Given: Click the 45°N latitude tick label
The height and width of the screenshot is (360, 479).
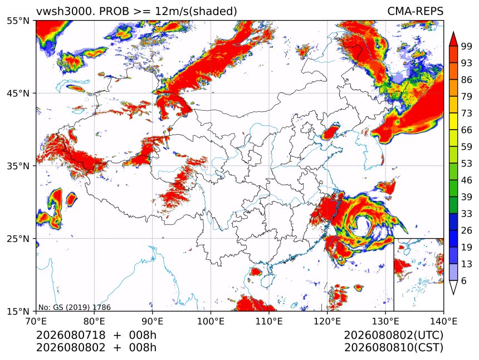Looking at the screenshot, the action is pos(18,93).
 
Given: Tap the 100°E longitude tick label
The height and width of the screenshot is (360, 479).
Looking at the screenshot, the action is pos(211,321).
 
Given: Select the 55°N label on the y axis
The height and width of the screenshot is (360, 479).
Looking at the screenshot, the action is pos(18,21).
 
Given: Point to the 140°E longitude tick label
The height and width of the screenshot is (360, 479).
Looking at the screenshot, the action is pos(443,321).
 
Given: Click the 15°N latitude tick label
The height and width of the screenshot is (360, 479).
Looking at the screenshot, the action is pos(18,312).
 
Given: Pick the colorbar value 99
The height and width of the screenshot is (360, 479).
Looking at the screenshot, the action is pos(467,46).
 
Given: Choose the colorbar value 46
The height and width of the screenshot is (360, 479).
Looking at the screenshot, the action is pos(467,180).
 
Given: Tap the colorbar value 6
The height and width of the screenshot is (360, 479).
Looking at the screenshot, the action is pos(464,280).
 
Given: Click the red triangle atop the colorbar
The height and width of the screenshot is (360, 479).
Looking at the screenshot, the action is pos(453,39).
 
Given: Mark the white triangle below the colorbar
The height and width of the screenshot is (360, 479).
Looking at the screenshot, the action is pos(453,287).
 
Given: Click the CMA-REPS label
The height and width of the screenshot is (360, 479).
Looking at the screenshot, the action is pos(415,12).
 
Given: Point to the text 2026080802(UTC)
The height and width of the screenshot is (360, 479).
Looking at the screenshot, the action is pos(393,335).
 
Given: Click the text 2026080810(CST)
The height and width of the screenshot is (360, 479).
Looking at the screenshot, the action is pos(393,348).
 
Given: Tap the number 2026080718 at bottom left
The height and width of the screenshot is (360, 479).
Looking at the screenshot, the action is pos(71,335).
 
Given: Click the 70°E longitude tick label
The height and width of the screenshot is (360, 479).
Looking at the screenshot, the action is pos(36,321).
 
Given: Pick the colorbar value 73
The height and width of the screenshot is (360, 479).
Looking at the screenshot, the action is pos(467,113).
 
